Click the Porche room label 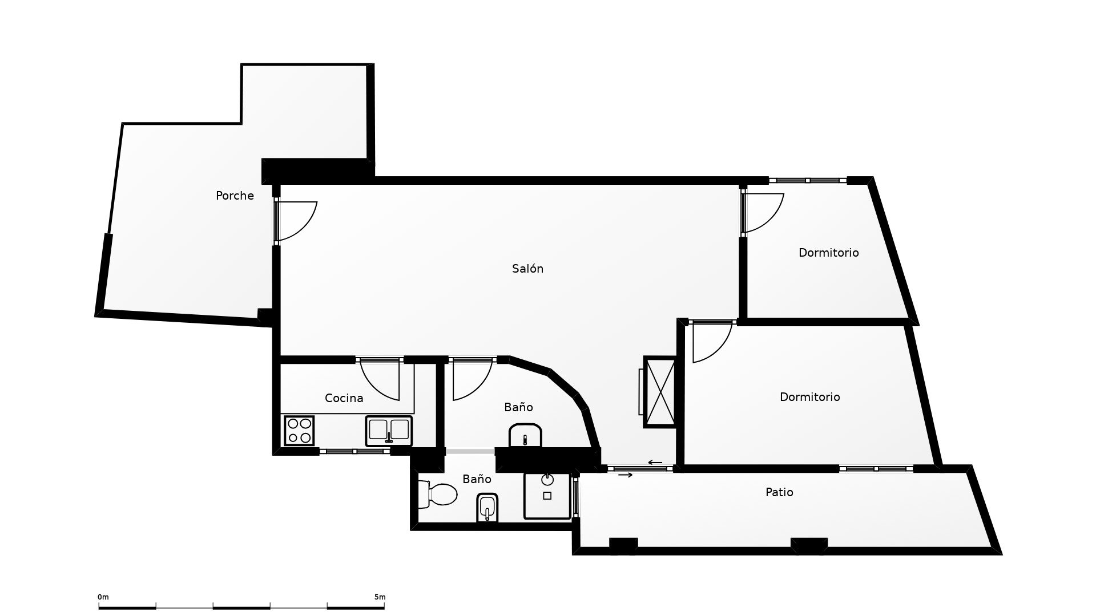(x=235, y=196)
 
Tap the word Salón (x=527, y=269)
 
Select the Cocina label (x=344, y=398)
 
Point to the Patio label (x=779, y=492)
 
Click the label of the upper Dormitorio (x=828, y=253)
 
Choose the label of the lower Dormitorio (x=809, y=397)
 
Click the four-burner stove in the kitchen (x=299, y=431)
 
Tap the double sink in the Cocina (x=389, y=431)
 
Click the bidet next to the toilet (x=487, y=508)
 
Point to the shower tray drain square (x=547, y=496)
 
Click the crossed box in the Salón (x=659, y=392)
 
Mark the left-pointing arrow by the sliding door (x=655, y=463)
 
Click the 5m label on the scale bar (x=380, y=597)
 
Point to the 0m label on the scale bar (x=103, y=597)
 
